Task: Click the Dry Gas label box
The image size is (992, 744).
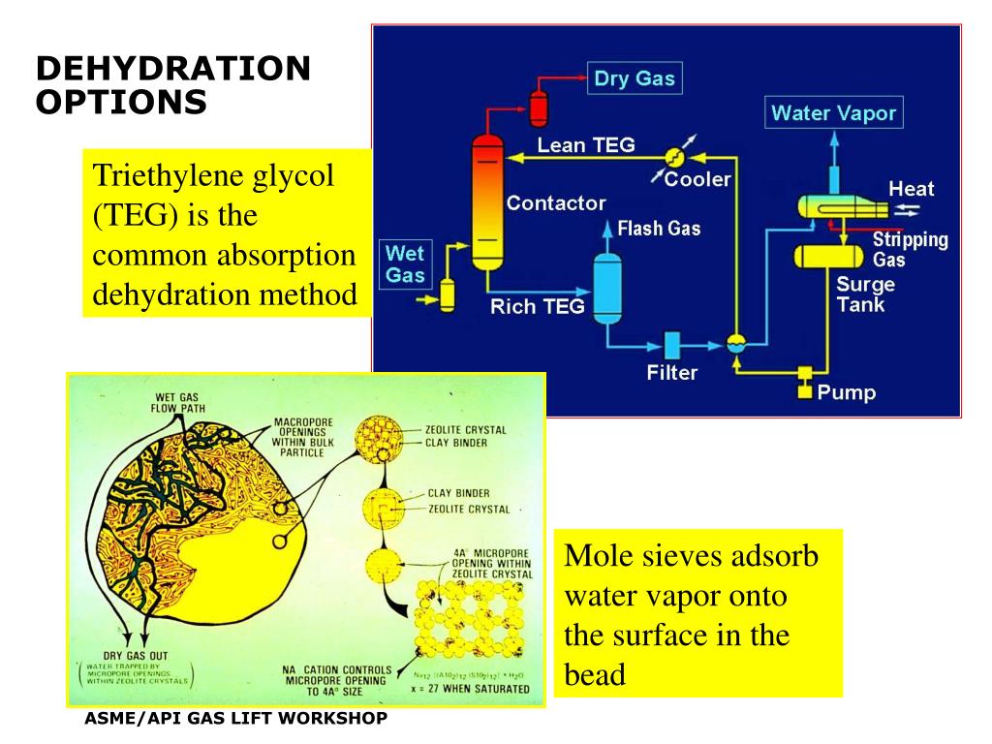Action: [635, 78]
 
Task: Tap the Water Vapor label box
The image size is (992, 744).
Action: [833, 113]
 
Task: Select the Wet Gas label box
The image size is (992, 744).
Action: [405, 264]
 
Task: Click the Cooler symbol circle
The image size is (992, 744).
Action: [675, 157]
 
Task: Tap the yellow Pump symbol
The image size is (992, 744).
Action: [803, 382]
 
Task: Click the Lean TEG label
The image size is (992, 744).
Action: [586, 145]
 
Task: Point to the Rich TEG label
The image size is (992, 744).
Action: [537, 307]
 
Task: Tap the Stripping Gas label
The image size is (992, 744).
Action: [910, 250]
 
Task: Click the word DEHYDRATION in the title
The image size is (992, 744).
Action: [173, 69]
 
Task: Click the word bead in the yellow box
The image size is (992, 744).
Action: [595, 673]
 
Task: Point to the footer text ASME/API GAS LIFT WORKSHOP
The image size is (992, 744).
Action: [236, 718]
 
